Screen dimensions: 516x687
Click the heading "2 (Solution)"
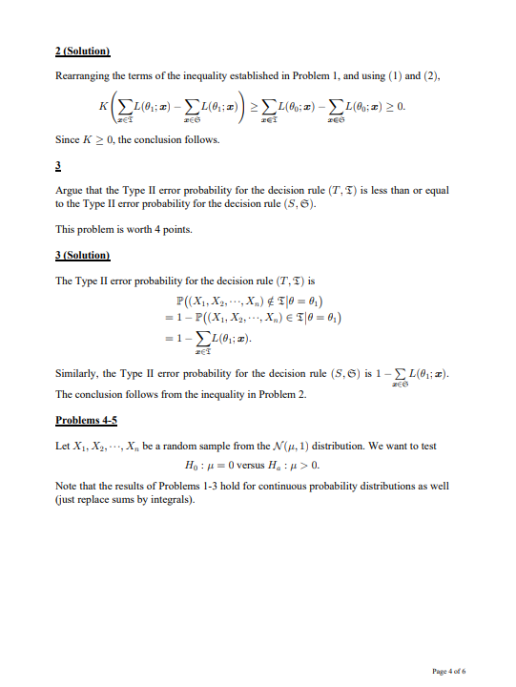click(83, 49)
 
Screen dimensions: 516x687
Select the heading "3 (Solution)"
click(83, 256)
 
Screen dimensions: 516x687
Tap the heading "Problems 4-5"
click(88, 420)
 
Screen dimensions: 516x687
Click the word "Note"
click(67, 488)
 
